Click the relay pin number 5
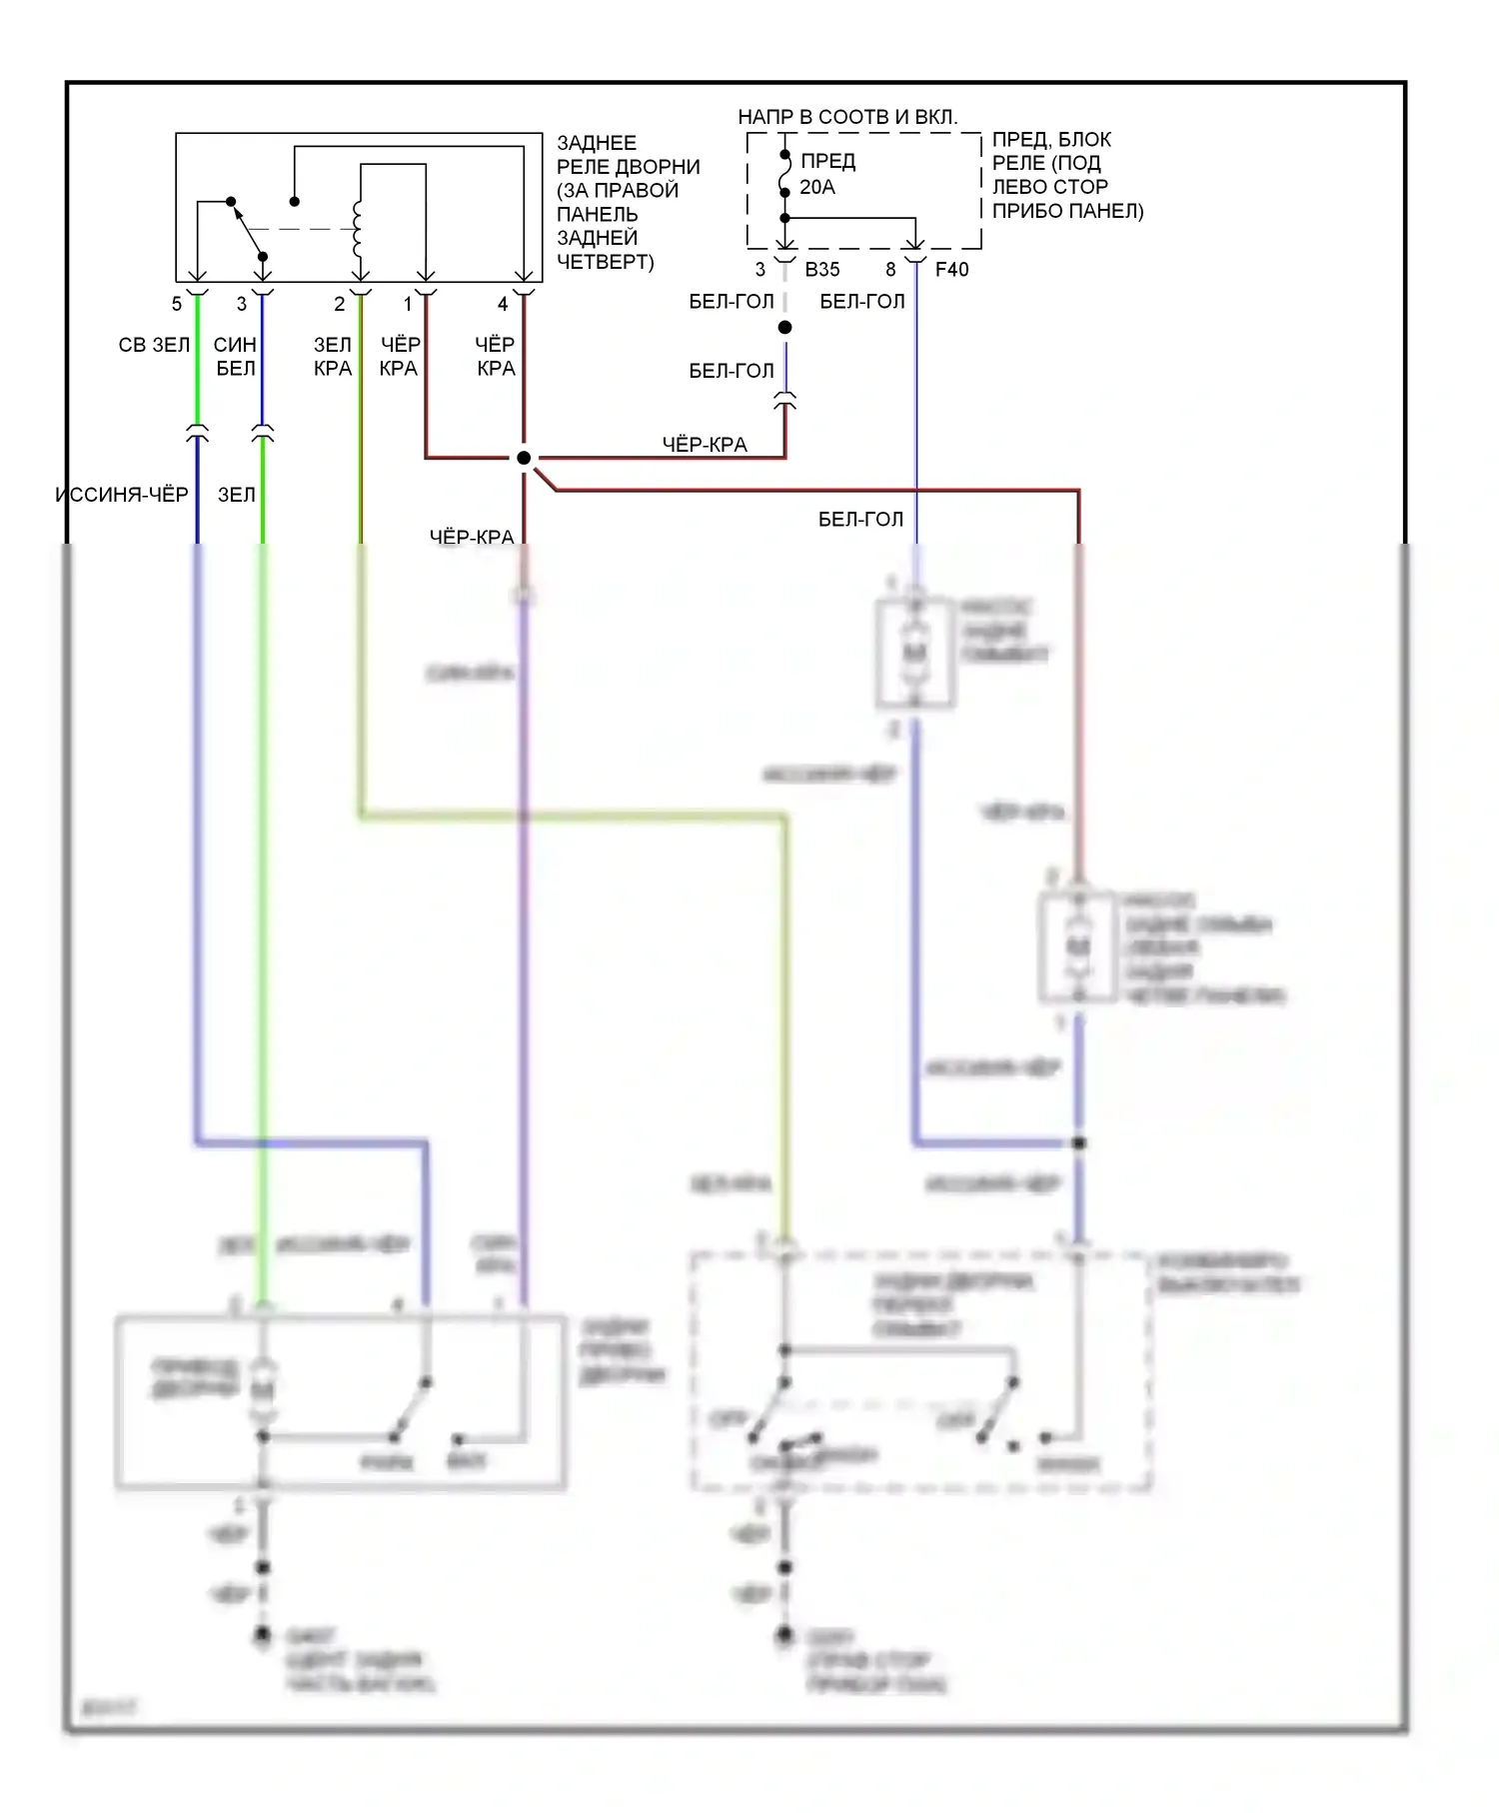(177, 304)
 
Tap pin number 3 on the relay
(242, 304)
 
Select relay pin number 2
(340, 304)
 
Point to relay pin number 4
(503, 304)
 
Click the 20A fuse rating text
(816, 187)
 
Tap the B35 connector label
(822, 269)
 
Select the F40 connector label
(951, 269)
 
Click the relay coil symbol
(357, 229)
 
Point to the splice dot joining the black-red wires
(524, 458)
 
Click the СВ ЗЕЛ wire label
(154, 345)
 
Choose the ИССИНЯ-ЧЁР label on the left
(122, 495)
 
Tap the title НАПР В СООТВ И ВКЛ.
(847, 117)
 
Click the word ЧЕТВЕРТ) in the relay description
(605, 262)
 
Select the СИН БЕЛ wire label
(236, 357)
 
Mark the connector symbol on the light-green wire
(198, 434)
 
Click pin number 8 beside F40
(890, 269)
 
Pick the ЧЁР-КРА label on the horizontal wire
(705, 445)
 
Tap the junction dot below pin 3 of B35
(785, 328)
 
